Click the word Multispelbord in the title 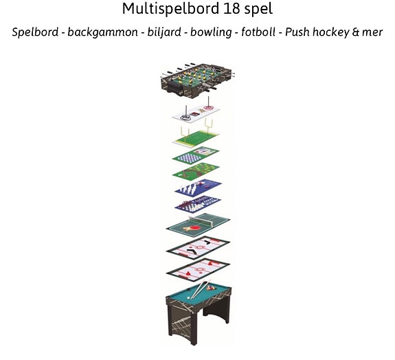pyautogui.click(x=170, y=8)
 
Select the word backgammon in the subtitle pyautogui.click(x=103, y=32)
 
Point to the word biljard pyautogui.click(x=164, y=32)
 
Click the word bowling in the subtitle pyautogui.click(x=211, y=32)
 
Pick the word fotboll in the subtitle pyautogui.click(x=258, y=32)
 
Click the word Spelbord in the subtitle pyautogui.click(x=35, y=32)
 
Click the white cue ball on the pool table pyautogui.click(x=188, y=297)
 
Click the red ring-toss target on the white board pyautogui.click(x=209, y=108)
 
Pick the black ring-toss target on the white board pyautogui.click(x=185, y=117)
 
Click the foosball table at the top pyautogui.click(x=198, y=78)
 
